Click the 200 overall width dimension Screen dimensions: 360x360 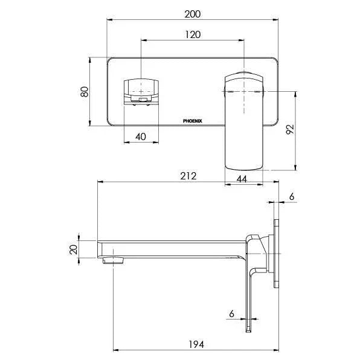click(x=193, y=13)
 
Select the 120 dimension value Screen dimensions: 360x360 click(x=193, y=34)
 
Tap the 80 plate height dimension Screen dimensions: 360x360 click(x=85, y=92)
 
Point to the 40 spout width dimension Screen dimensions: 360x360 click(x=141, y=137)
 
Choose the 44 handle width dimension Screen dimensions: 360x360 click(x=242, y=179)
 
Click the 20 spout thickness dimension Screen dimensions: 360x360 click(x=74, y=249)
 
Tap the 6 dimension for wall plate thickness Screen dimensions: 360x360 click(x=292, y=197)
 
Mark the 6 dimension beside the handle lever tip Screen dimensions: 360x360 click(x=231, y=314)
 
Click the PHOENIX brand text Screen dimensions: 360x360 click(x=193, y=121)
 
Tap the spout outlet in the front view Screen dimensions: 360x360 click(x=141, y=91)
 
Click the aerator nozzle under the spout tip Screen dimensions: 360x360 click(x=112, y=260)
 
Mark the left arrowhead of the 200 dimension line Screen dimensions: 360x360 click(x=109, y=20)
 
